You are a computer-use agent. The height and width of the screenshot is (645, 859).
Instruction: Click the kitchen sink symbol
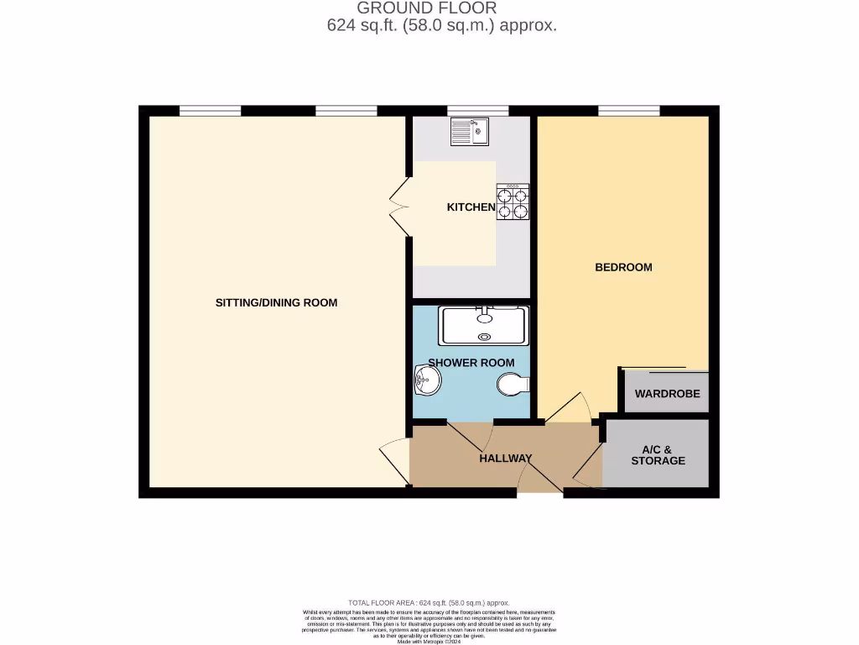[x=469, y=131]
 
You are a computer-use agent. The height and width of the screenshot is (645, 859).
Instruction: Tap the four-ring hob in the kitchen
[x=513, y=202]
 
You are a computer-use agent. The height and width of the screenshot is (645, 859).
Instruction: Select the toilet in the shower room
[x=511, y=385]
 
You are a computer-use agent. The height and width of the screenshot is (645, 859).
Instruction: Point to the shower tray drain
[x=483, y=337]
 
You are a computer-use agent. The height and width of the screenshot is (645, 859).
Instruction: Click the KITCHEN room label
[x=471, y=207]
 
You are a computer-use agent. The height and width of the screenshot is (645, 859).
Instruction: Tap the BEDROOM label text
[x=623, y=267]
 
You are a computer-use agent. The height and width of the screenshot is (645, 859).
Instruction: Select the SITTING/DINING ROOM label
[x=276, y=302]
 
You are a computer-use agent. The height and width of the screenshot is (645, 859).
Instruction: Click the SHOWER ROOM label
[x=471, y=363]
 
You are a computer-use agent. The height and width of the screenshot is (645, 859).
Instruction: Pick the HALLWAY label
[x=506, y=458]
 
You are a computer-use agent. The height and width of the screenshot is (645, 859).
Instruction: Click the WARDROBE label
[x=667, y=394]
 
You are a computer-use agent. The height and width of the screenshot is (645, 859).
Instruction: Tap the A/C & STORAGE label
[x=658, y=454]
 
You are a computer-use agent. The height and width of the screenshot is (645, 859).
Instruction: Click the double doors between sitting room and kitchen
[x=398, y=206]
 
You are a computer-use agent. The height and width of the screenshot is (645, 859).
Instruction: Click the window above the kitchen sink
[x=477, y=110]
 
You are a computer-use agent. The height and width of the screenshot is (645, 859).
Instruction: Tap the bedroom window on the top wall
[x=628, y=110]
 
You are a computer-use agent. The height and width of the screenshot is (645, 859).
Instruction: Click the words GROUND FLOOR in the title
[x=427, y=8]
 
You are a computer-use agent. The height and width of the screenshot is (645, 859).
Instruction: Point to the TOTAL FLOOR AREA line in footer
[x=429, y=603]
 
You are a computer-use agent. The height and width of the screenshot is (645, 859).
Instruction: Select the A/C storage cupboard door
[x=588, y=466]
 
